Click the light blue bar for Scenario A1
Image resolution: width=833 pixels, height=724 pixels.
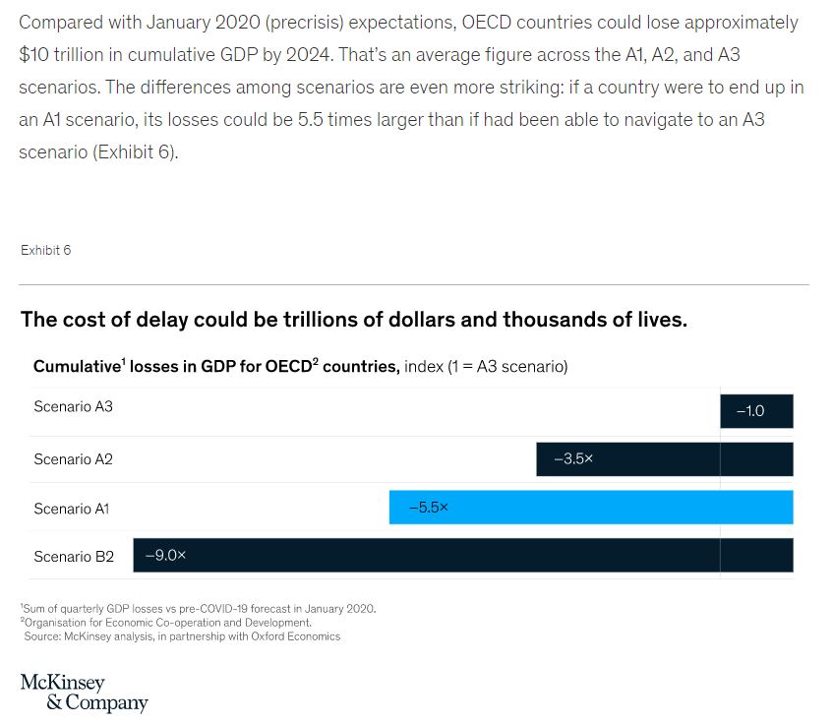pyautogui.click(x=590, y=508)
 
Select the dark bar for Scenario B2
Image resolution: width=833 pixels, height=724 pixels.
pyautogui.click(x=462, y=556)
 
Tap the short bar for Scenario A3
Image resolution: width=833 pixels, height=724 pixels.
pyautogui.click(x=756, y=411)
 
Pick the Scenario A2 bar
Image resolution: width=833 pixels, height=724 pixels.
pyautogui.click(x=664, y=459)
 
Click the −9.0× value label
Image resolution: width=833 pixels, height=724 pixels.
pyautogui.click(x=165, y=556)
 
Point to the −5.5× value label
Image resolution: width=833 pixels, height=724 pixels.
pyautogui.click(x=428, y=508)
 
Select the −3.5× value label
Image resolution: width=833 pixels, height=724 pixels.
pyautogui.click(x=573, y=459)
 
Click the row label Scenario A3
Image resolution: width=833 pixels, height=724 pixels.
pyautogui.click(x=73, y=406)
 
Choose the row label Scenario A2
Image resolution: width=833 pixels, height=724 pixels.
pyautogui.click(x=73, y=459)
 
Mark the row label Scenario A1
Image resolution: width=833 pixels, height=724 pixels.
pyautogui.click(x=71, y=509)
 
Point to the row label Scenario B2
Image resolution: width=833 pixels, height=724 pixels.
pyautogui.click(x=73, y=557)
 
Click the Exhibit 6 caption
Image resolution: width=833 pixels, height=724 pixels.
pyautogui.click(x=45, y=250)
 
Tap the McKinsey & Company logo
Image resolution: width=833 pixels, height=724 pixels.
pyautogui.click(x=84, y=693)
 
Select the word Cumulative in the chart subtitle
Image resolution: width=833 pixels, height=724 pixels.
pyautogui.click(x=77, y=367)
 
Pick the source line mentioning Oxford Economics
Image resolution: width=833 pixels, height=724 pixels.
pyautogui.click(x=182, y=636)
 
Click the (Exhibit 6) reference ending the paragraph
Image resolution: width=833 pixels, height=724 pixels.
pyautogui.click(x=136, y=152)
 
